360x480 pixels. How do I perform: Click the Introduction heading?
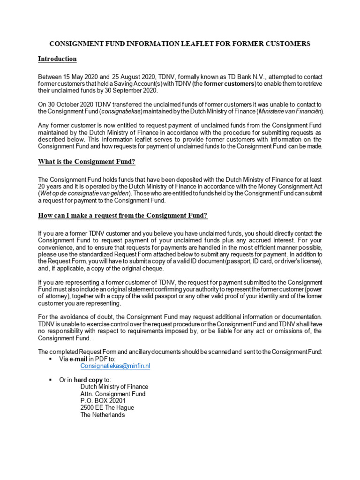point(57,59)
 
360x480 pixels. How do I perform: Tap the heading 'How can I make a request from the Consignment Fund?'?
point(123,215)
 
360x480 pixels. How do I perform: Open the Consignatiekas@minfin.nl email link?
point(115,366)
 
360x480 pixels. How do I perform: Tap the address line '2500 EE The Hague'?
point(107,408)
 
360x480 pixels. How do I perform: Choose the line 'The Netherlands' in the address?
point(103,415)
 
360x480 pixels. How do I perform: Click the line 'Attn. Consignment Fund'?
point(113,394)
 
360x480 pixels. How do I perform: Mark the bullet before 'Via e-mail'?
point(50,359)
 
